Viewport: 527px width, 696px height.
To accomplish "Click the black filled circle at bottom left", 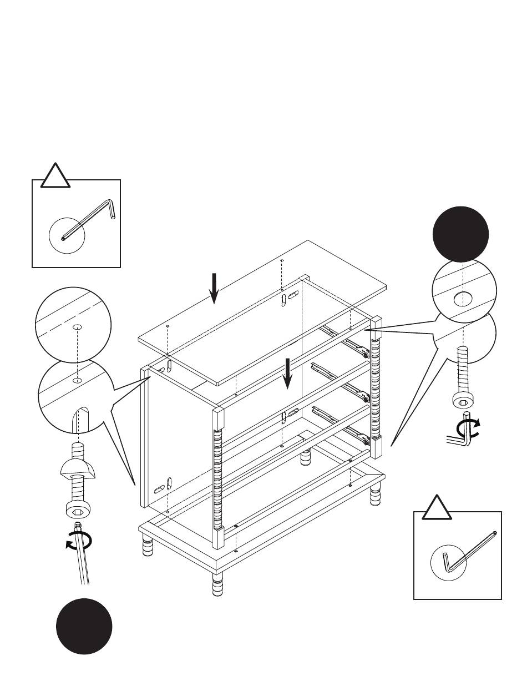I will (x=84, y=626).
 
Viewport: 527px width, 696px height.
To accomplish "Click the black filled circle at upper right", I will (x=460, y=234).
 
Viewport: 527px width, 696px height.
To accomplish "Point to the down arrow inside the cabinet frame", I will (x=287, y=374).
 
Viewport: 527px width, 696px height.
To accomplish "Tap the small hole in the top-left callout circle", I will (x=77, y=327).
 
